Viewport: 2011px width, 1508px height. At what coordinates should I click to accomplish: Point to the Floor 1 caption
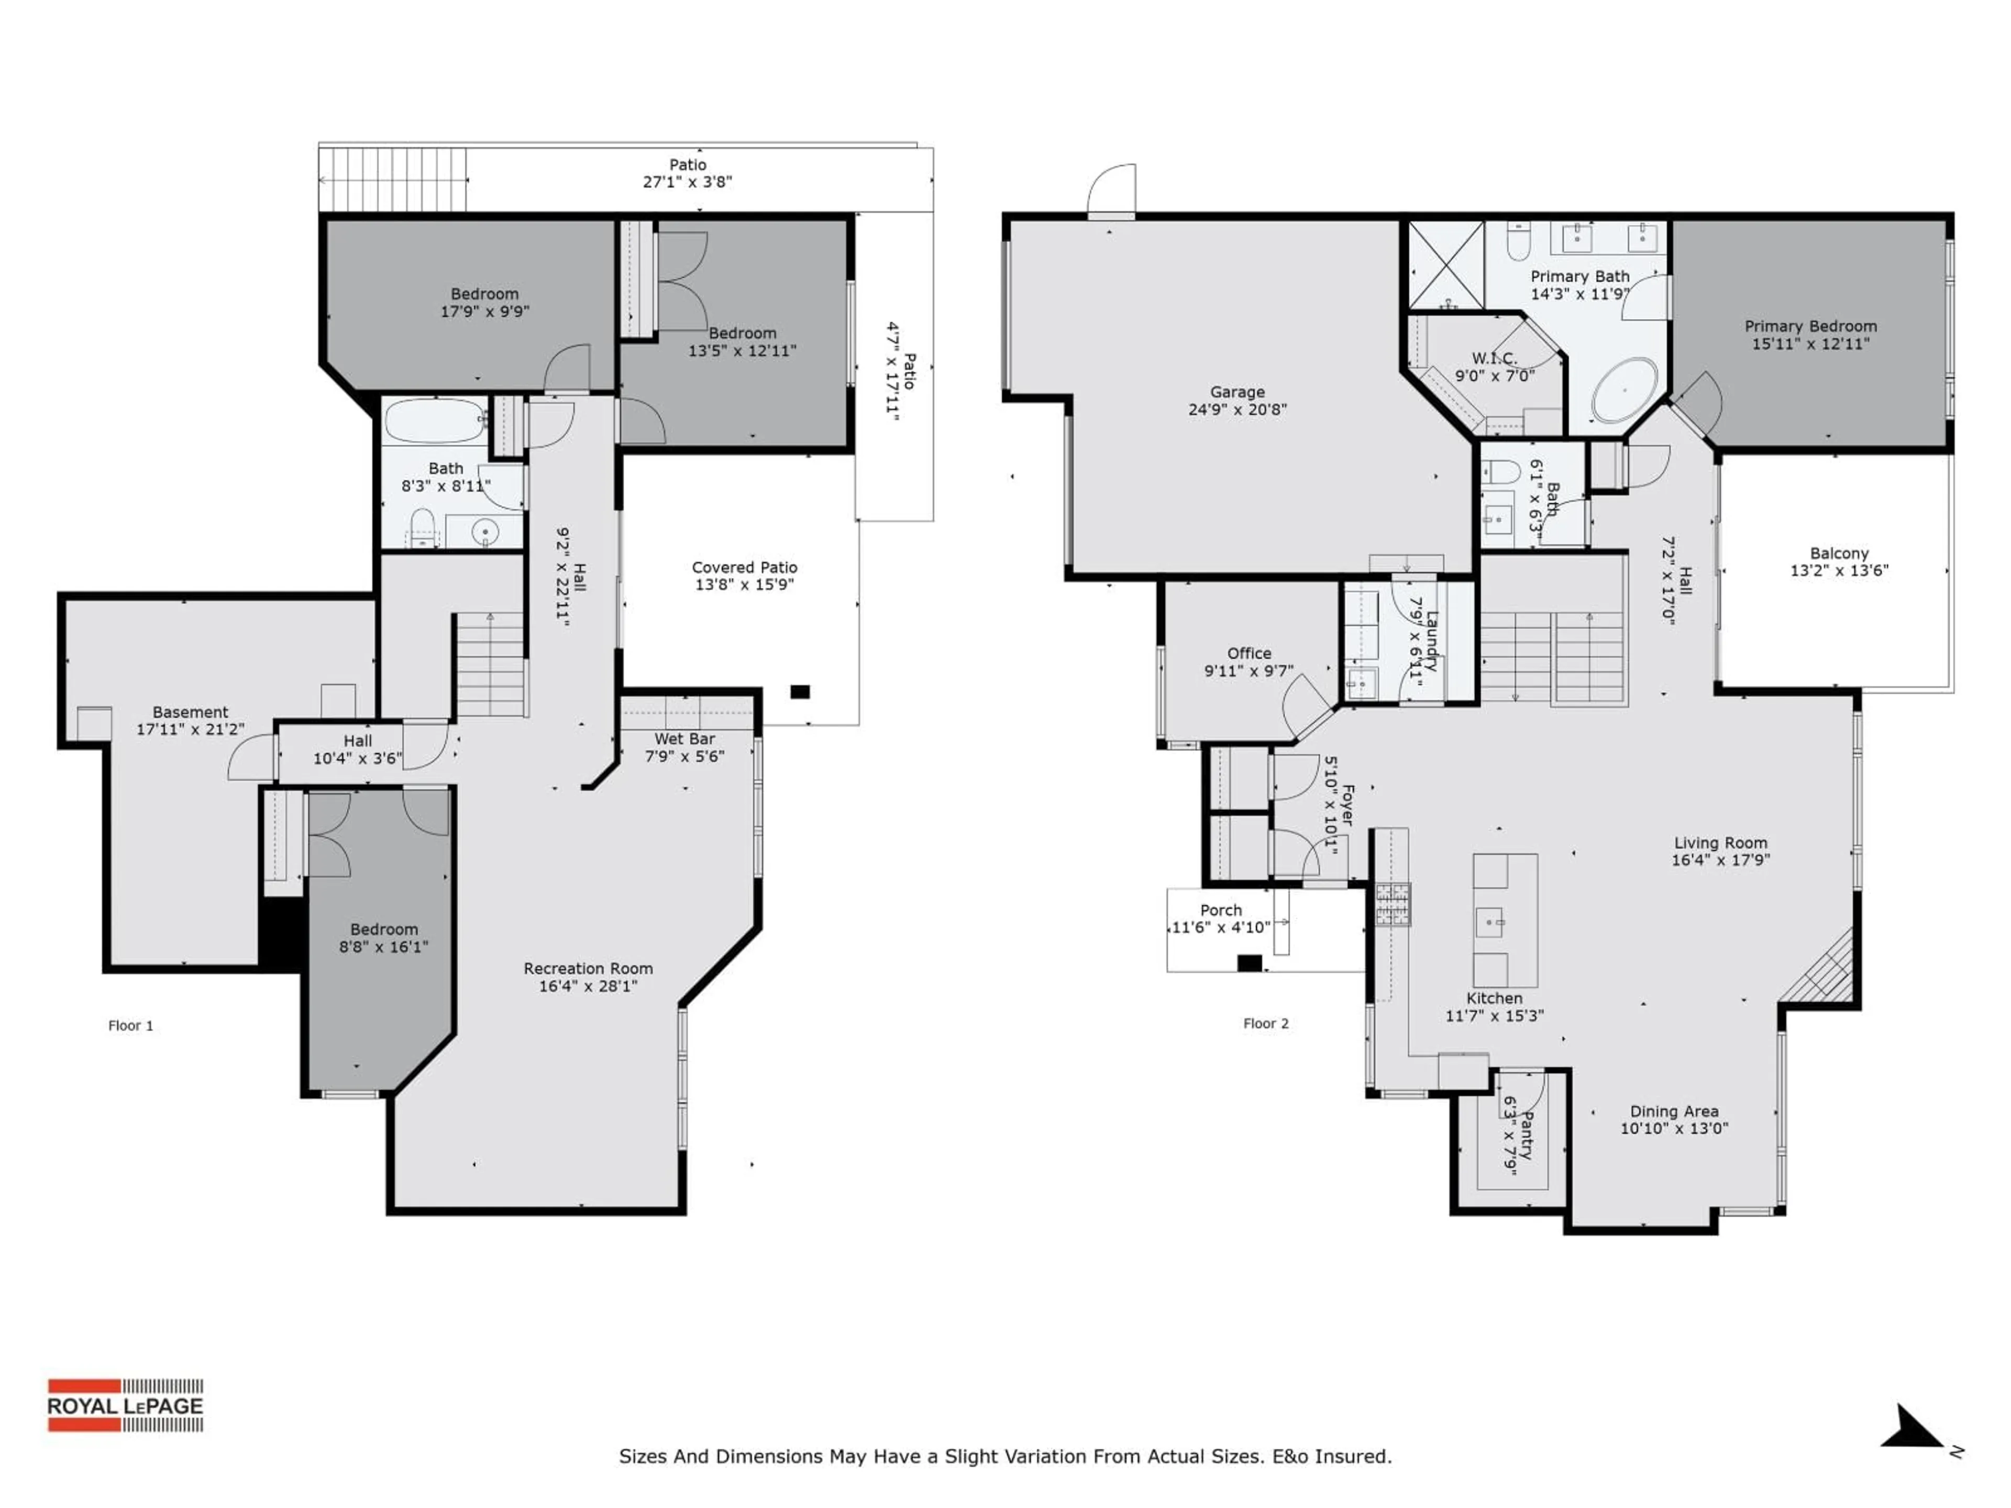tap(131, 1025)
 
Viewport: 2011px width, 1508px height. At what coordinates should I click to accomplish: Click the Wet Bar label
tap(684, 739)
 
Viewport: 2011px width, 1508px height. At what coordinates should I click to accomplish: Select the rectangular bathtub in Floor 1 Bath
tap(435, 420)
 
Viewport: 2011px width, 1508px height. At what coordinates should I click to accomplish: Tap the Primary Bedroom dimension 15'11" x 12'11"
tap(1810, 343)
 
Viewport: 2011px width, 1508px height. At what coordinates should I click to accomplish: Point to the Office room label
tap(1248, 653)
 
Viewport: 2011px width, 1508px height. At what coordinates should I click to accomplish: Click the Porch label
tap(1220, 910)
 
